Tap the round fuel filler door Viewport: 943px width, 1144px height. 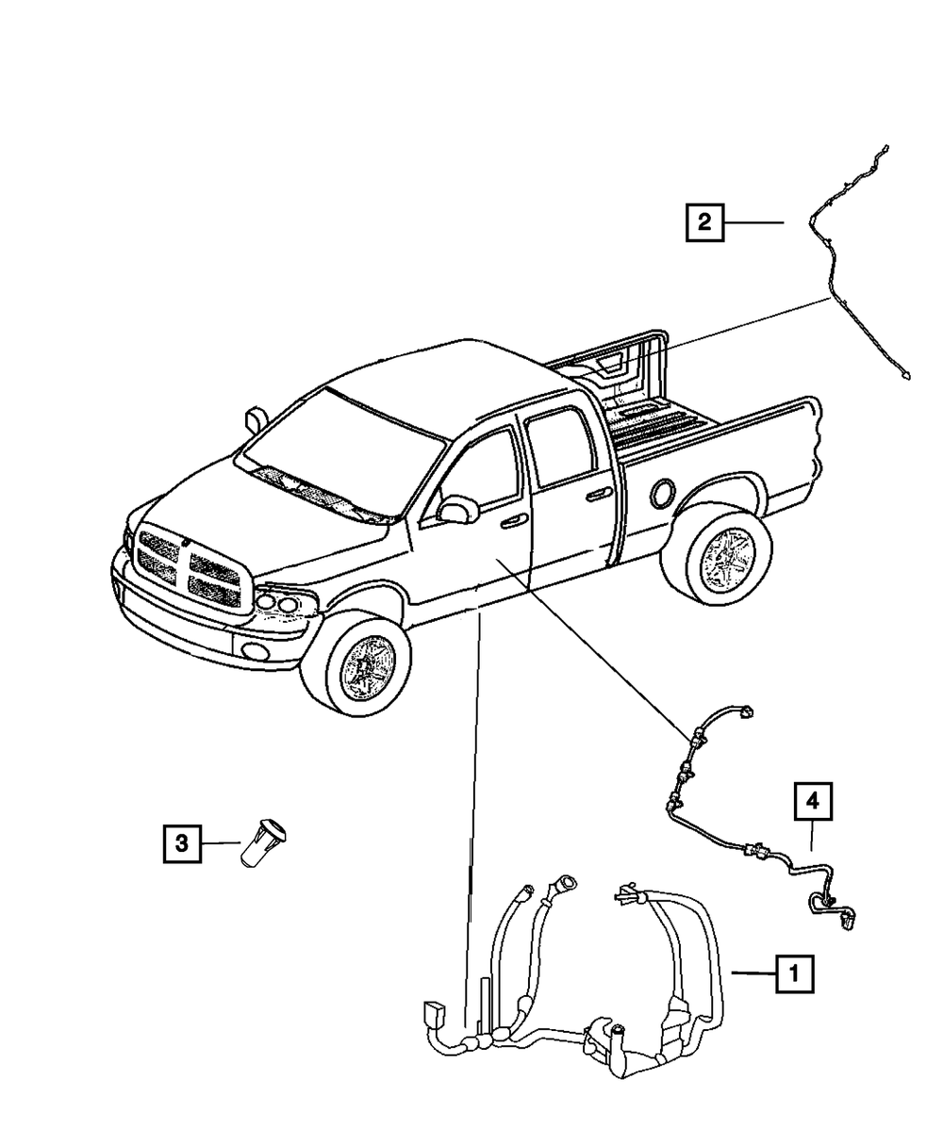tap(662, 492)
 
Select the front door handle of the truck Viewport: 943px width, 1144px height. tap(513, 521)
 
